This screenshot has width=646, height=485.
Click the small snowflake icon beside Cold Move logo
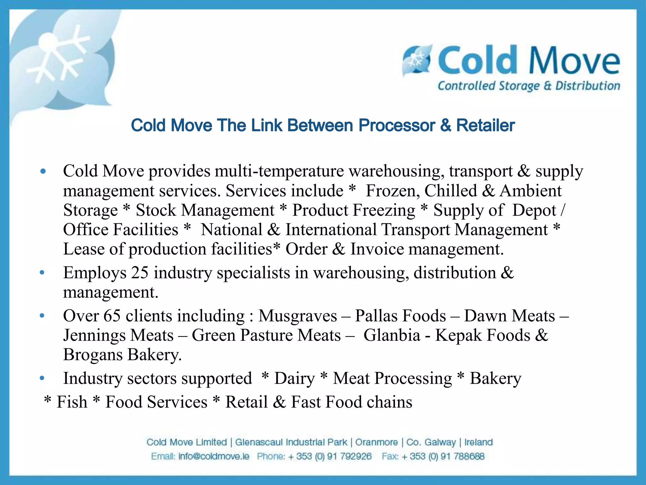[416, 60]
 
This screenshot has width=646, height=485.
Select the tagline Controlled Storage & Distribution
[529, 86]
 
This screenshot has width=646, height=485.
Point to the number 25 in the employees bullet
[140, 273]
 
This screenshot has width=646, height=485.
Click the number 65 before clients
[112, 316]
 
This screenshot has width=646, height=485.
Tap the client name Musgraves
[298, 316]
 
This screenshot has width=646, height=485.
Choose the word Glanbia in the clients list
[392, 335]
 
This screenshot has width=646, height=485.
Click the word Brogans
[93, 355]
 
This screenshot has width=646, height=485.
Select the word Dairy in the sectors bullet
[295, 378]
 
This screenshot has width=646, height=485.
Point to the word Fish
[72, 402]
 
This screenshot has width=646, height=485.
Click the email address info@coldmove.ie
[214, 456]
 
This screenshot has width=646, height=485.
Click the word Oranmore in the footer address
[376, 442]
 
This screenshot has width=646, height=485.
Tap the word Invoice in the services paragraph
[377, 249]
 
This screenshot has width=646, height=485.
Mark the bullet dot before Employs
[42, 273]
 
